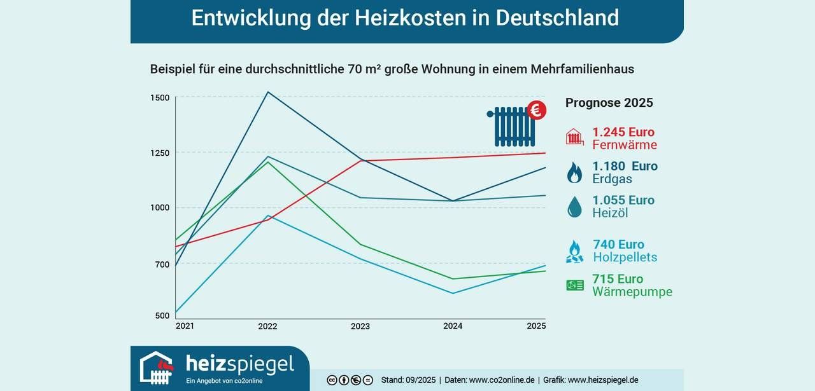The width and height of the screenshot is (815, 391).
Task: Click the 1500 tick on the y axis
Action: [160, 97]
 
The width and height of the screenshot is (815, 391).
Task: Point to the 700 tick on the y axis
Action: [162, 264]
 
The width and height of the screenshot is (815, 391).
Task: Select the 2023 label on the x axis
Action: [360, 326]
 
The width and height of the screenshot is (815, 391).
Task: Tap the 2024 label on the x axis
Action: [453, 326]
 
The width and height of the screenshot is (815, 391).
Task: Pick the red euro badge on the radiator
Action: [537, 111]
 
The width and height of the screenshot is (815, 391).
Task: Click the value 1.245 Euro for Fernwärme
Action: [623, 132]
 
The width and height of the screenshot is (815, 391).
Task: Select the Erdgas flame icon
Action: [574, 172]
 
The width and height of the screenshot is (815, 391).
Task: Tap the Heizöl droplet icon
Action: [574, 207]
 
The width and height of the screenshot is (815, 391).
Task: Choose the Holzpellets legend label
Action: [625, 257]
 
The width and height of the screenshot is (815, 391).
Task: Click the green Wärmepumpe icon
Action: [575, 285]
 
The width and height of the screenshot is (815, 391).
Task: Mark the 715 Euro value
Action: [618, 279]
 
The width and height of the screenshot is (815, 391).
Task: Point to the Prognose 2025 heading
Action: [609, 103]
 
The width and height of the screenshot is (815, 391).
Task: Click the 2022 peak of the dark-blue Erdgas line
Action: [267, 92]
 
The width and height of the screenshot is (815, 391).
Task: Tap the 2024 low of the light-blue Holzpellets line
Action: [453, 293]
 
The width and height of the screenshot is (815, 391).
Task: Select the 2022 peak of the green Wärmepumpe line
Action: [267, 161]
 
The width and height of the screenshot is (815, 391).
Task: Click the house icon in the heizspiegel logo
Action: [157, 367]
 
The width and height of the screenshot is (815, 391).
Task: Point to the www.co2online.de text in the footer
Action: [502, 380]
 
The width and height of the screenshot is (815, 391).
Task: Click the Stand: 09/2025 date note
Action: [408, 380]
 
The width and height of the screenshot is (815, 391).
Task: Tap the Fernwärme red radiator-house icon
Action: [574, 137]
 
